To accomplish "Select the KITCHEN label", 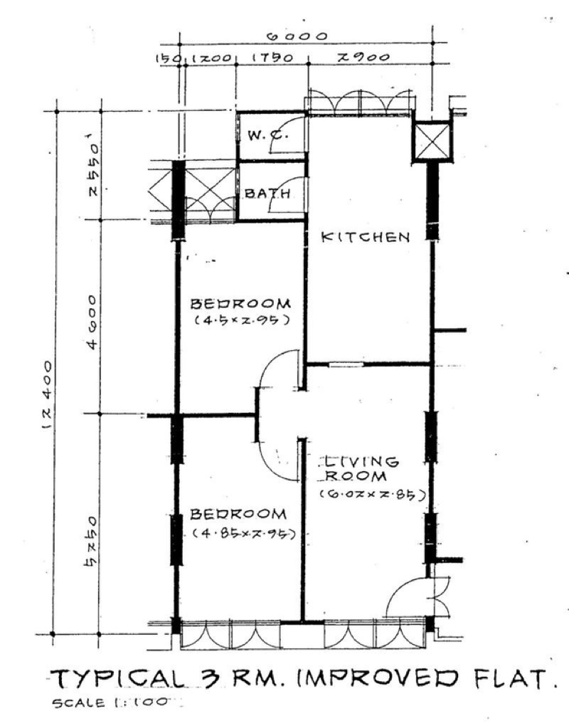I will (x=366, y=237).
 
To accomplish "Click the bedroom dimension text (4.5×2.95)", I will (x=241, y=320).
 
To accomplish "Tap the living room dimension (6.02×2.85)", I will (x=372, y=493).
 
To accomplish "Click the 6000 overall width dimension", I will (x=297, y=36).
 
